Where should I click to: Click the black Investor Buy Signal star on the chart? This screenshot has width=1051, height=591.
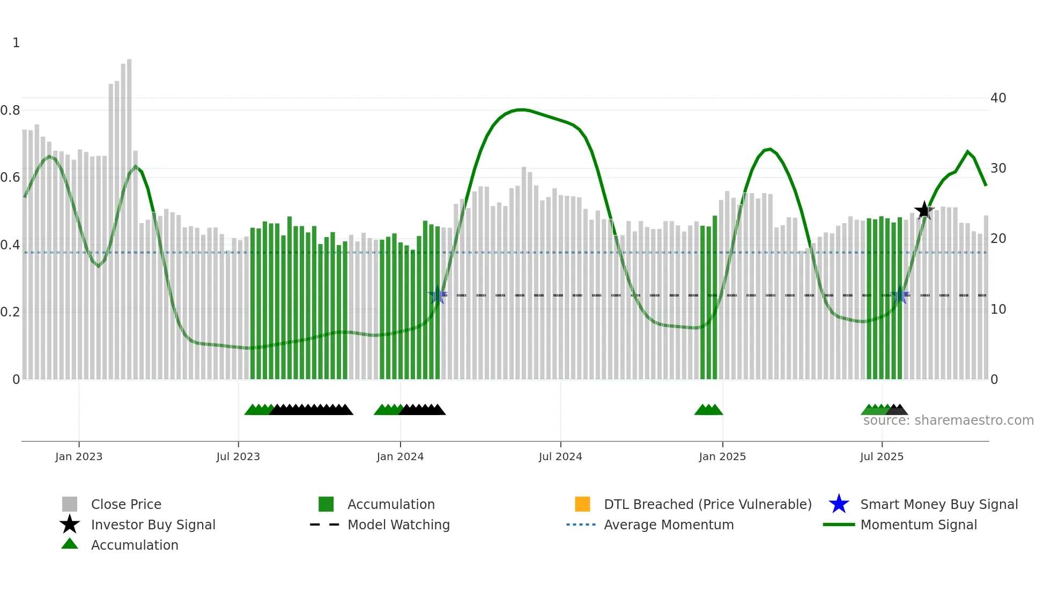tap(924, 210)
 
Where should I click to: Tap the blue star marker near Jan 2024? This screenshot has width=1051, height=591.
tap(438, 295)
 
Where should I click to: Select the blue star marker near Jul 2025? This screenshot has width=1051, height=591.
tap(900, 295)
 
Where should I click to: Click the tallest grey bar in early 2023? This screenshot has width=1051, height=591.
tap(129, 215)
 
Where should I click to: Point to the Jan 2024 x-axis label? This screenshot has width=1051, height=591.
tap(400, 456)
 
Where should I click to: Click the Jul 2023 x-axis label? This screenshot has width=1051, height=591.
tap(238, 456)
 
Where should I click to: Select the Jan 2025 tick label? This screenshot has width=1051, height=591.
tap(722, 456)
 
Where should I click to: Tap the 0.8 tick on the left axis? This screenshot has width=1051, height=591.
tap(10, 110)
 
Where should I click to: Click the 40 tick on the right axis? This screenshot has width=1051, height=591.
tap(998, 98)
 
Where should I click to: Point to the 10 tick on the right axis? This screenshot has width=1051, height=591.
tap(998, 309)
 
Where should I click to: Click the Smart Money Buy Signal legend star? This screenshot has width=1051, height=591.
tap(839, 504)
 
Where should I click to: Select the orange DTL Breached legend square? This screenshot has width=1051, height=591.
tap(582, 504)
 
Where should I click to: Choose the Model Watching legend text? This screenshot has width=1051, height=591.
tap(398, 524)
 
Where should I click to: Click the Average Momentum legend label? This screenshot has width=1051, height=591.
tap(669, 524)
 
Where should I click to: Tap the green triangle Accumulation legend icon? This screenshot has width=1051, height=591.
tap(70, 544)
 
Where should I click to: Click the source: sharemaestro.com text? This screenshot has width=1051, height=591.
tap(948, 420)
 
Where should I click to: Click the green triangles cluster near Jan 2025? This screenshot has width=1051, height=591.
tap(708, 410)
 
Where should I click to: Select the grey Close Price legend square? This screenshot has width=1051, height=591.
tap(70, 504)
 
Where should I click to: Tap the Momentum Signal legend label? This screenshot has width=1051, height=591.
tap(919, 524)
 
